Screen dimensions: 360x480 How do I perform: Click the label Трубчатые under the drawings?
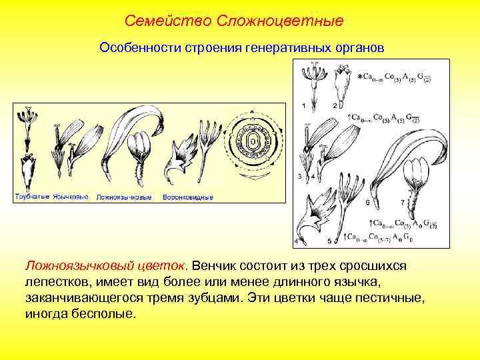(x=33, y=197)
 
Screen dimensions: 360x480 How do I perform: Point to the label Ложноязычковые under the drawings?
(x=124, y=197)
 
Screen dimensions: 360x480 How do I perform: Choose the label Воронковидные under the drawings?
(x=188, y=197)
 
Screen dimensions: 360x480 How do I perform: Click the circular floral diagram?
(x=254, y=143)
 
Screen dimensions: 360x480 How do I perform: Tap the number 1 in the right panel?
(x=304, y=105)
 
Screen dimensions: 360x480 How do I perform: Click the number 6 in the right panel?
(x=367, y=201)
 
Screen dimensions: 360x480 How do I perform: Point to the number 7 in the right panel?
(x=401, y=201)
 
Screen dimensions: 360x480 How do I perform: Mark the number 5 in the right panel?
(x=329, y=240)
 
